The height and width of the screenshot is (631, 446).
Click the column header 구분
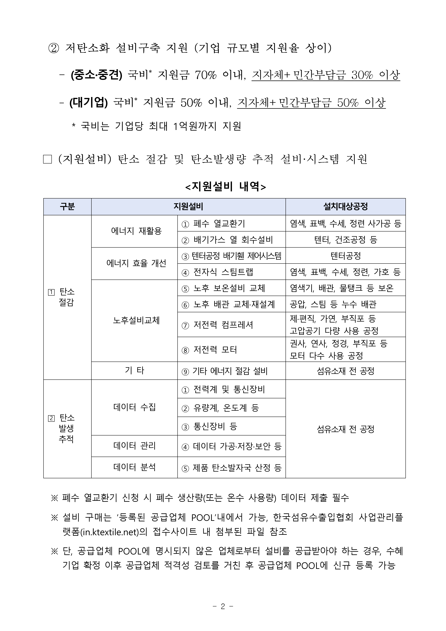point(67,207)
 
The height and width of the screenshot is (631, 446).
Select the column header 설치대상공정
point(345,207)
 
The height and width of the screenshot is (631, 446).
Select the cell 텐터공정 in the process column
point(345,256)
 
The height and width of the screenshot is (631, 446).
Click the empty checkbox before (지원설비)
point(48,159)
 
